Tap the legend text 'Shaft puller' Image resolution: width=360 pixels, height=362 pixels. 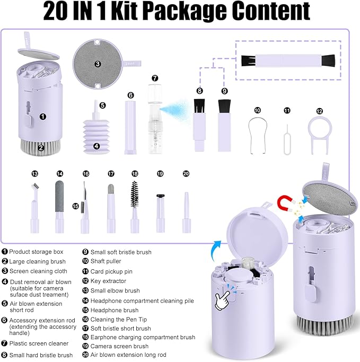click(108, 261)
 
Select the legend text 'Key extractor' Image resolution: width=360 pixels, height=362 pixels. click(110, 281)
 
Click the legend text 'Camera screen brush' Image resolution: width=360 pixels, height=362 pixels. click(120, 346)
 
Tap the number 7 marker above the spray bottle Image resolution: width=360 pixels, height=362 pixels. click(154, 78)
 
